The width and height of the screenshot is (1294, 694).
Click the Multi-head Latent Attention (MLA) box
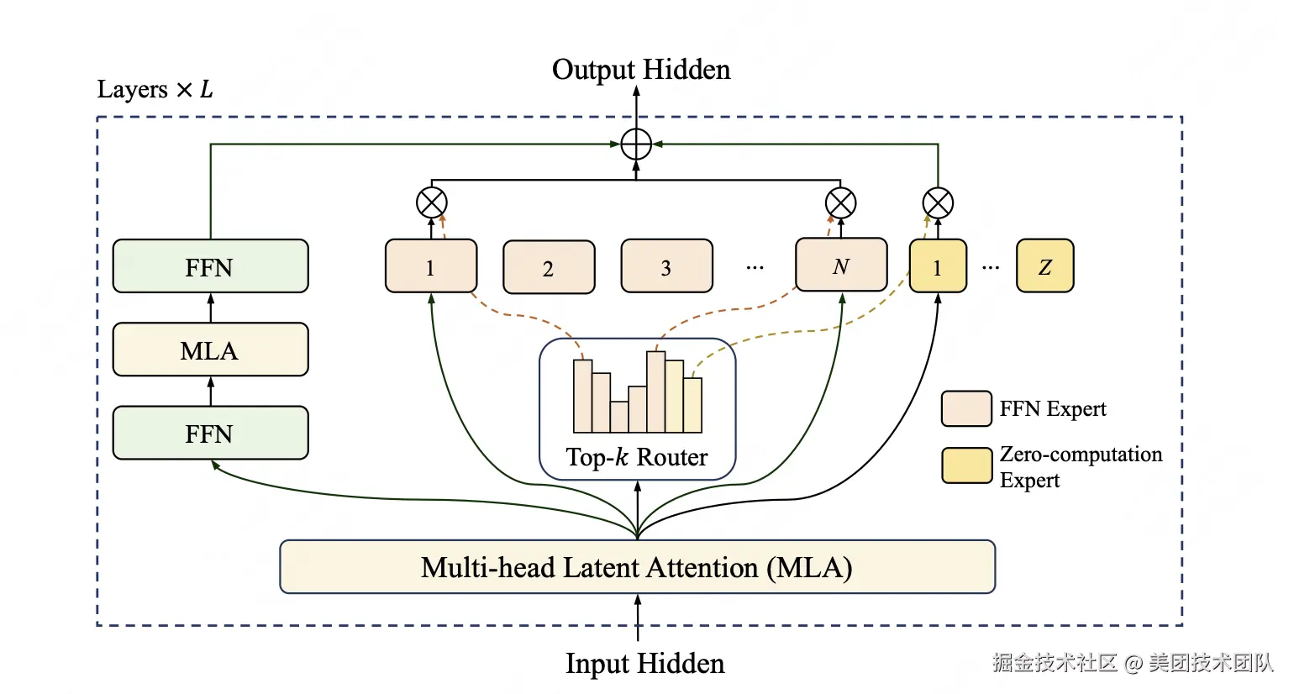pyautogui.click(x=637, y=567)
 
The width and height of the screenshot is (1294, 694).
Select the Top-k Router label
pyautogui.click(x=637, y=457)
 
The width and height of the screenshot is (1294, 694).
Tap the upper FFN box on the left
pyautogui.click(x=210, y=266)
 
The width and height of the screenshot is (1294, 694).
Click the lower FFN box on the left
pyautogui.click(x=210, y=433)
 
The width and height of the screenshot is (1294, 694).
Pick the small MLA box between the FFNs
pyautogui.click(x=210, y=349)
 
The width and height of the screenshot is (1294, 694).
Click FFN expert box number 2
pyautogui.click(x=549, y=267)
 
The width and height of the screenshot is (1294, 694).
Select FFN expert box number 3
pyautogui.click(x=666, y=266)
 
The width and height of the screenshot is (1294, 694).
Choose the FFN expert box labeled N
pyautogui.click(x=841, y=265)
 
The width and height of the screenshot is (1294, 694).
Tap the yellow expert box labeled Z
pyautogui.click(x=1045, y=266)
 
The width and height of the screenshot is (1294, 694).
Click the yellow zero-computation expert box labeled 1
pyautogui.click(x=938, y=266)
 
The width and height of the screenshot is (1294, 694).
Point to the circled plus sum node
pyautogui.click(x=636, y=144)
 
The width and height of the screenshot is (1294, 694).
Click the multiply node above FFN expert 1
pyautogui.click(x=432, y=202)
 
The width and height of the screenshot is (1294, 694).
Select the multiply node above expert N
pyautogui.click(x=840, y=203)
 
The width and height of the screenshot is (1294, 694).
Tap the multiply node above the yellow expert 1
pyautogui.click(x=938, y=203)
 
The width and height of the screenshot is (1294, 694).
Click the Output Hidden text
pyautogui.click(x=641, y=70)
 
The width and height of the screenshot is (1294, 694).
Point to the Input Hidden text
pyautogui.click(x=644, y=663)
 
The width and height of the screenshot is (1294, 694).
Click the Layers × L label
pyautogui.click(x=155, y=89)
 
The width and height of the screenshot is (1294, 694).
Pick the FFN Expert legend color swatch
pyautogui.click(x=966, y=408)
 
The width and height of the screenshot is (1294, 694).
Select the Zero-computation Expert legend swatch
pyautogui.click(x=966, y=465)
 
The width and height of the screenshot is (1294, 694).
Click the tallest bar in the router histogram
pyautogui.click(x=655, y=392)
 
